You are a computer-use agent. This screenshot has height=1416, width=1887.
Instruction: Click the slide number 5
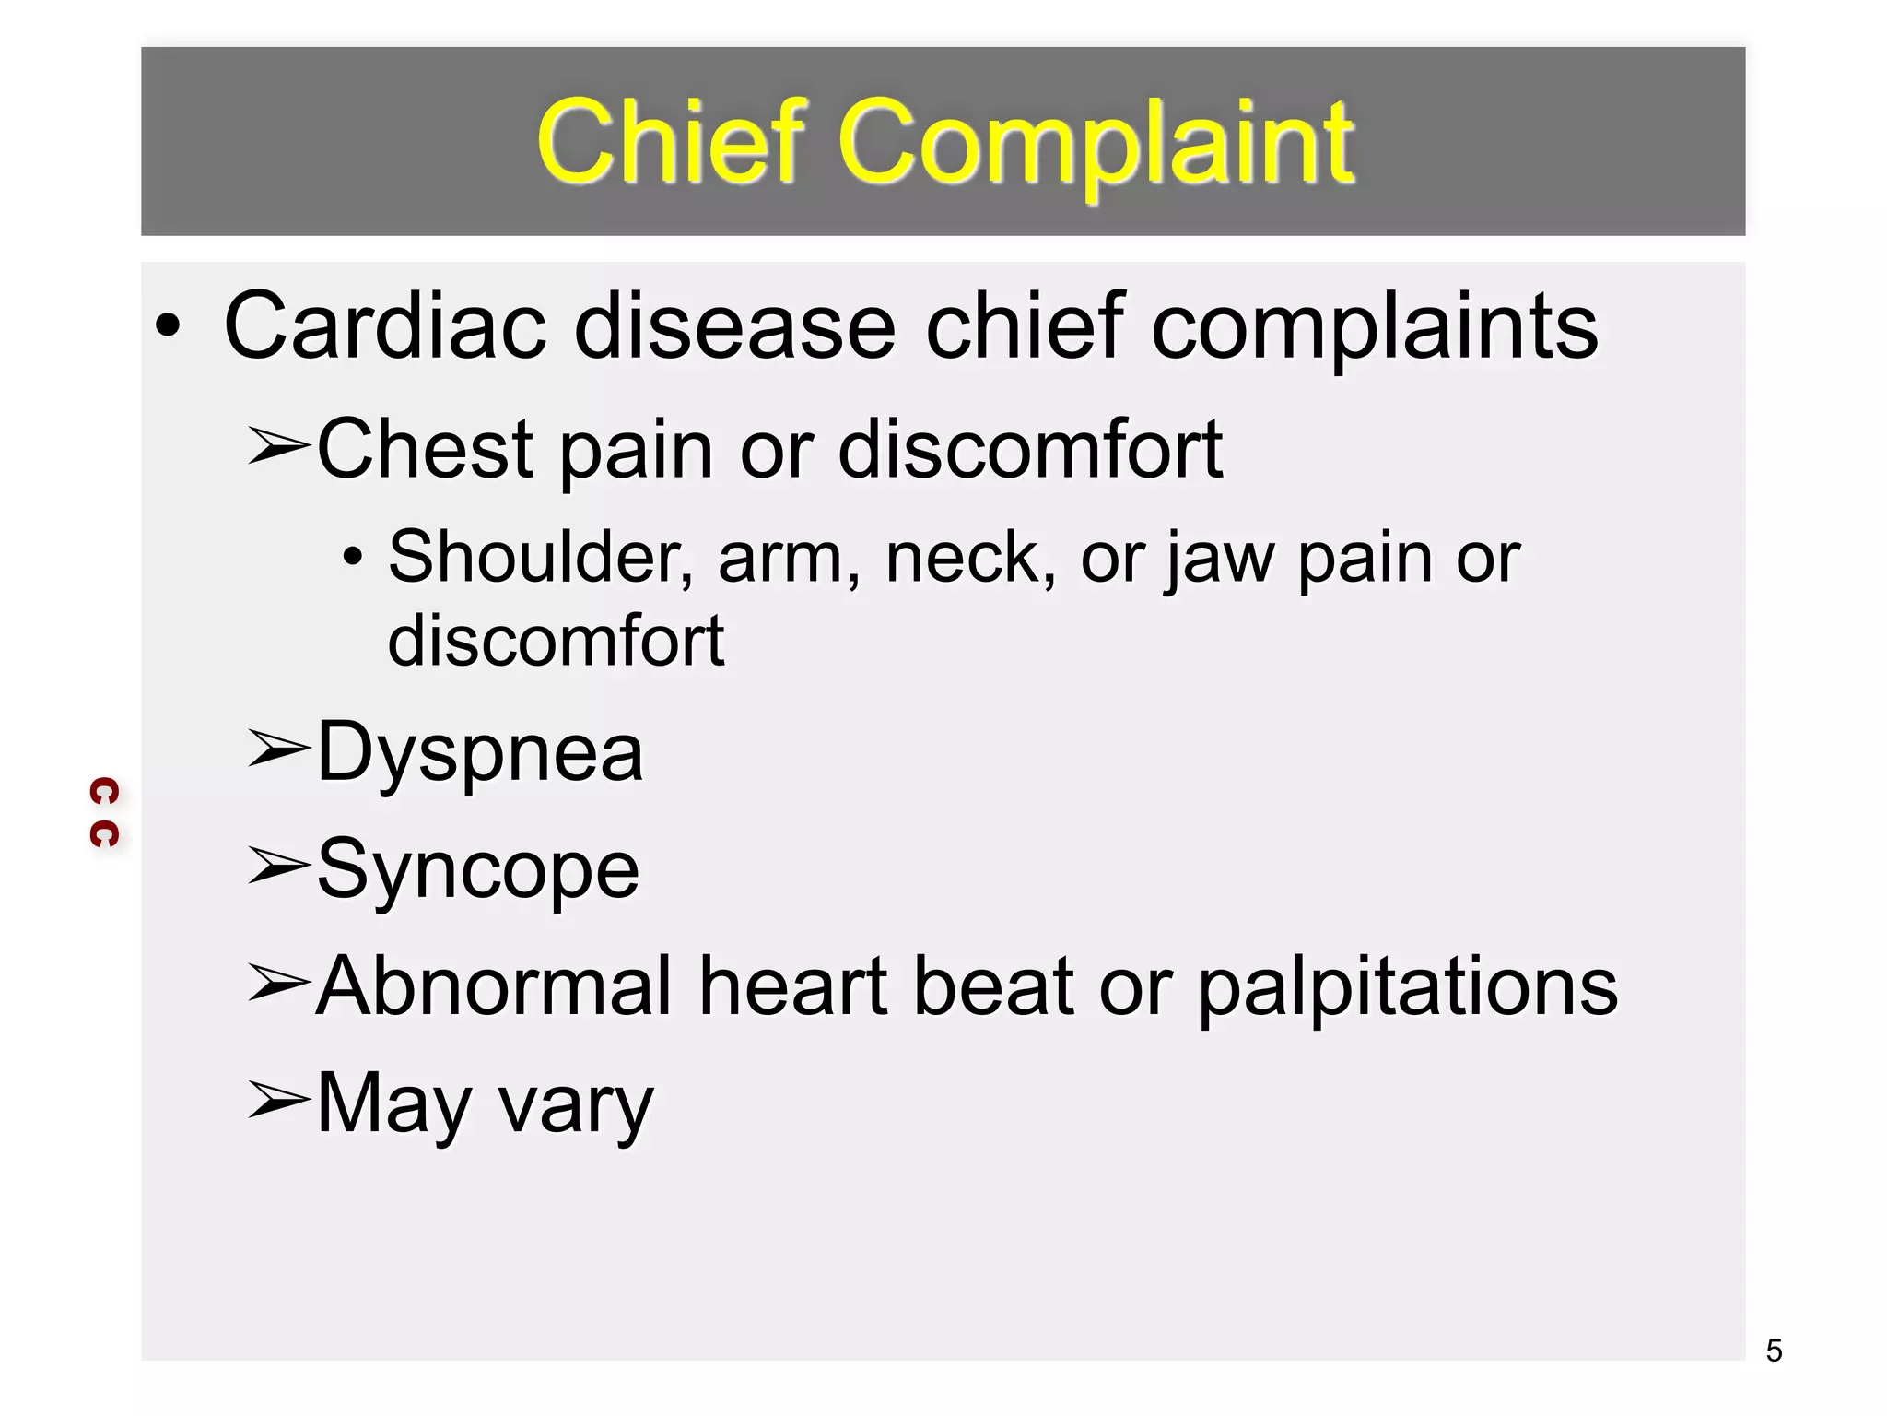pyautogui.click(x=1774, y=1351)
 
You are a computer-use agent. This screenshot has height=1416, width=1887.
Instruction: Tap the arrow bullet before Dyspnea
pyautogui.click(x=277, y=749)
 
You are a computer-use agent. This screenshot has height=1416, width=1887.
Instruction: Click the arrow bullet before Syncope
pyautogui.click(x=277, y=866)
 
